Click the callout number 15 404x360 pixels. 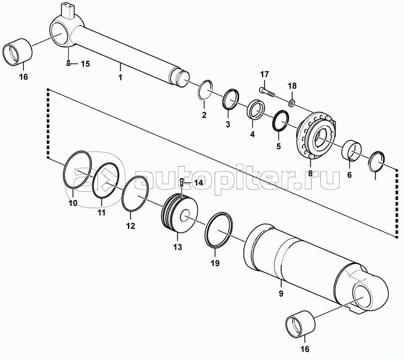pyautogui.click(x=85, y=64)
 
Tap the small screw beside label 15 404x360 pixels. pyautogui.click(x=68, y=63)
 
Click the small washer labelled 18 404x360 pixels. pyautogui.click(x=292, y=103)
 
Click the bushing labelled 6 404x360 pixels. pyautogui.click(x=352, y=151)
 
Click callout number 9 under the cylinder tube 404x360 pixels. pyautogui.click(x=281, y=293)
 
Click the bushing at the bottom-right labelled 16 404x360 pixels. pyautogui.click(x=301, y=324)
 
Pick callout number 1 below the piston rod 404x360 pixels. pyautogui.click(x=120, y=77)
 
